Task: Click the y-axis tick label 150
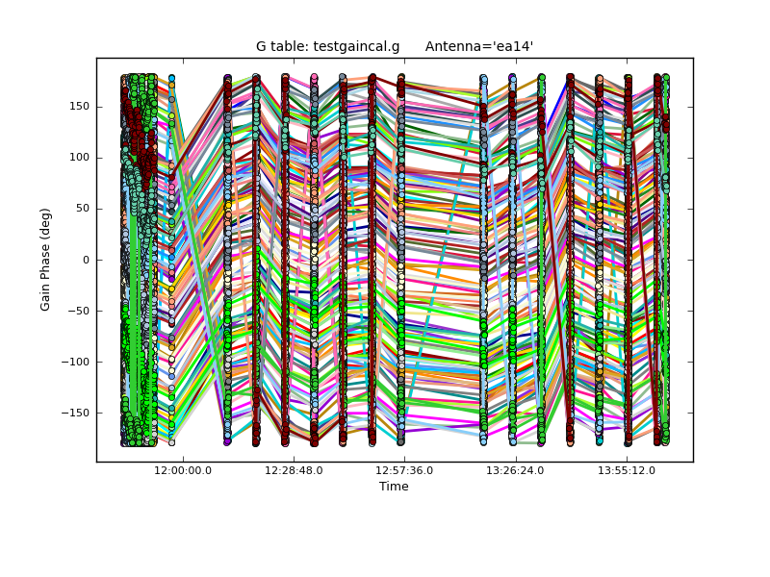[x=80, y=107]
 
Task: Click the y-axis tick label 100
[x=80, y=158]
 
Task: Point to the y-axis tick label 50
[x=83, y=209]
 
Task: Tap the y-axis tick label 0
[x=87, y=260]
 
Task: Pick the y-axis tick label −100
[x=76, y=362]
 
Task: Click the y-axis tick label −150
[x=76, y=413]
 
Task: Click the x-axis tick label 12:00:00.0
[x=183, y=470]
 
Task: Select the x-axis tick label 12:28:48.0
[x=294, y=470]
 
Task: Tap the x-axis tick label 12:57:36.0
[x=404, y=470]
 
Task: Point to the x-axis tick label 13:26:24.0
[x=515, y=470]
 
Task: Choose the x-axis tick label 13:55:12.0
[x=626, y=470]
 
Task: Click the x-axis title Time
[x=394, y=487]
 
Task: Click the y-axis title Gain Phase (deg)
[x=45, y=260]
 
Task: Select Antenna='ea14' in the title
[x=478, y=46]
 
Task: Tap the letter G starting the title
[x=261, y=46]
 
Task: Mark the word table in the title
[x=289, y=46]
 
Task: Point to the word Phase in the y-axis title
[x=45, y=260]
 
